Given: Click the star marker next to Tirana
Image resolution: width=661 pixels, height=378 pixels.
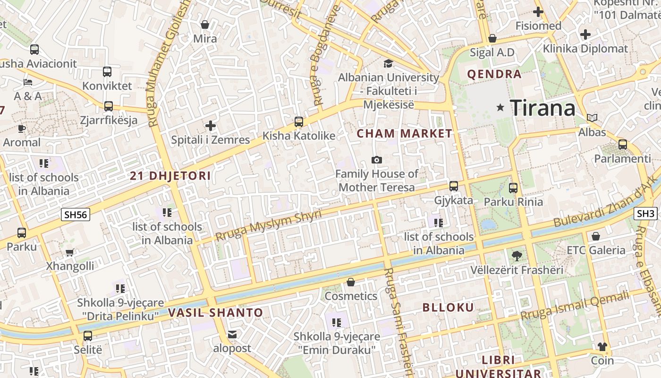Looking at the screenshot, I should [500, 108].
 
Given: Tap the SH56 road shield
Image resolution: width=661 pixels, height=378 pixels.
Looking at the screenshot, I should [76, 215].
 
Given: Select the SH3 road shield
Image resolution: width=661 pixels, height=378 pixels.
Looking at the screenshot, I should [645, 213].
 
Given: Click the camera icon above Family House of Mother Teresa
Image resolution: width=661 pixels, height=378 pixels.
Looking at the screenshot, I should [376, 160].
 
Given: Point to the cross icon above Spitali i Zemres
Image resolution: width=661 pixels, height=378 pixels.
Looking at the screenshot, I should [211, 126].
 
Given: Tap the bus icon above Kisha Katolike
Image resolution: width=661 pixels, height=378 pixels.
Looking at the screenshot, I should [298, 122].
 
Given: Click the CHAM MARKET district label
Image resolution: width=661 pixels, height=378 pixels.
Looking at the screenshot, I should [404, 134].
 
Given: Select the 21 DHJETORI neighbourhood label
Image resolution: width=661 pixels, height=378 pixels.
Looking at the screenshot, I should [170, 176].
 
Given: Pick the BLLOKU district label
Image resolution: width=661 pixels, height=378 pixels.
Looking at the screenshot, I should [448, 308].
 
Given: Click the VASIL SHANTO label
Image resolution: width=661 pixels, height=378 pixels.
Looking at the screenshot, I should [215, 312].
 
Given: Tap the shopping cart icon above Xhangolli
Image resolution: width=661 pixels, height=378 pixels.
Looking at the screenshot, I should [70, 252].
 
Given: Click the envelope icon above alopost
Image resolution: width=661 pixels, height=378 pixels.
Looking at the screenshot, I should [232, 335].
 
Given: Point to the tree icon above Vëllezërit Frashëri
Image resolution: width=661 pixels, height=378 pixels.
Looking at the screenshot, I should [517, 256].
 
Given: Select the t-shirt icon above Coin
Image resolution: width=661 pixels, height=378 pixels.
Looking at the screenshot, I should [602, 347].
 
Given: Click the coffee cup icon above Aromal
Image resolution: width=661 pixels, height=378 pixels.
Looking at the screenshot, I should [22, 129].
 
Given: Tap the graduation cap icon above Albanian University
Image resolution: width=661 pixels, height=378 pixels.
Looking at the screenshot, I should [388, 63].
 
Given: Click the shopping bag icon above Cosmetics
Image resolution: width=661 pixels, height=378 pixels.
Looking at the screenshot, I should [351, 282].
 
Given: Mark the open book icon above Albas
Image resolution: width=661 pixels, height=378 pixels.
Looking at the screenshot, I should [592, 118].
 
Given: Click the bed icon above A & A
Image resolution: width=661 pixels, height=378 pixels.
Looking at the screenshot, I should [28, 82].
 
